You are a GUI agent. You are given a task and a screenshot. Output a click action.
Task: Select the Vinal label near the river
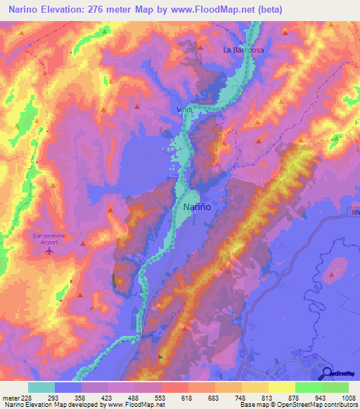point(184,110)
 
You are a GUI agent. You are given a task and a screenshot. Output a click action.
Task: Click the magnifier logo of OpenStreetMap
point(327,373)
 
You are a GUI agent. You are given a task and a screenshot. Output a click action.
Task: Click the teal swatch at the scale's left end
point(41,387)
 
